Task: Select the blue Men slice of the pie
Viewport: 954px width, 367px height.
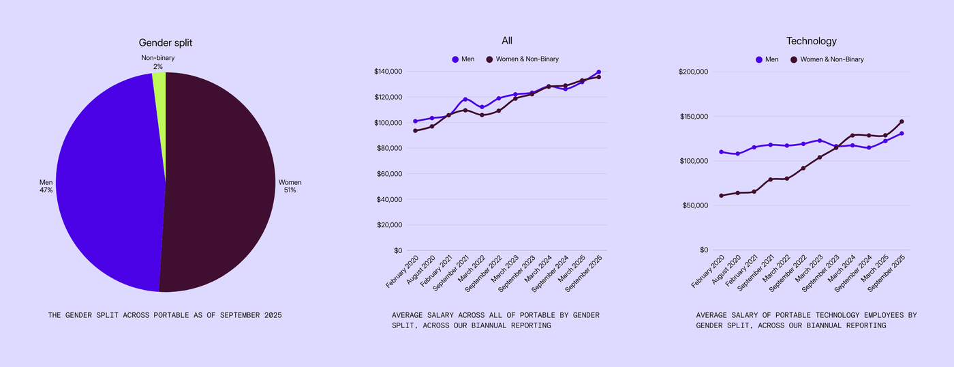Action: (109, 184)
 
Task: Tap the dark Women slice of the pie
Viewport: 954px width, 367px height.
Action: (218, 184)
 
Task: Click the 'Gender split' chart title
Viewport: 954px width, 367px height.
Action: (166, 43)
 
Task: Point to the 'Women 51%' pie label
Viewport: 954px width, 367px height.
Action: (290, 186)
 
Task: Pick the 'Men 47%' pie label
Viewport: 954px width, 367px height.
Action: (46, 186)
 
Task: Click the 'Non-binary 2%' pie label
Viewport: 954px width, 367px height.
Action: (157, 62)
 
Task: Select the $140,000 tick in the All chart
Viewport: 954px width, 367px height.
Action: (388, 72)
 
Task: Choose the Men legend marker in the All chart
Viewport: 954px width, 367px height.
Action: (455, 59)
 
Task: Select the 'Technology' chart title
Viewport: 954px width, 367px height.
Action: (811, 41)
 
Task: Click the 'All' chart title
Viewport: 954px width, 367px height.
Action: (506, 41)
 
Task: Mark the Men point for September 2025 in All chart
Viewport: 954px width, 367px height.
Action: (598, 72)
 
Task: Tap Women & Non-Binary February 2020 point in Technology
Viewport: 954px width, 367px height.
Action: (721, 196)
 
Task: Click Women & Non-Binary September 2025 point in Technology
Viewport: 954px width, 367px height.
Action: (902, 122)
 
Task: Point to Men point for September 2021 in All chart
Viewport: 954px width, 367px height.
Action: (465, 100)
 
